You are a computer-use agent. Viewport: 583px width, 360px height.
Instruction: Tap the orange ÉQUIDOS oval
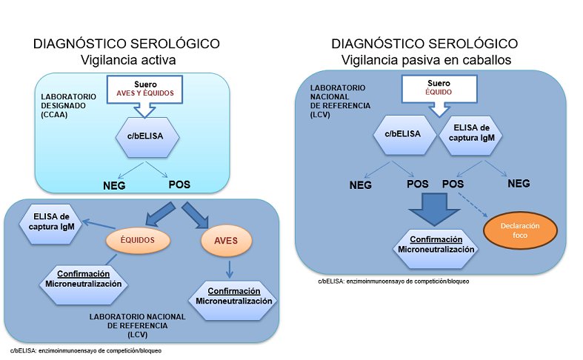139,239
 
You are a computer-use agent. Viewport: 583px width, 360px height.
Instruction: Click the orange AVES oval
226,241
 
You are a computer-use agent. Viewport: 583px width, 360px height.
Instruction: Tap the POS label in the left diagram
179,184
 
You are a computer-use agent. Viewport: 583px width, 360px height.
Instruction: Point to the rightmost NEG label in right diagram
519,183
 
